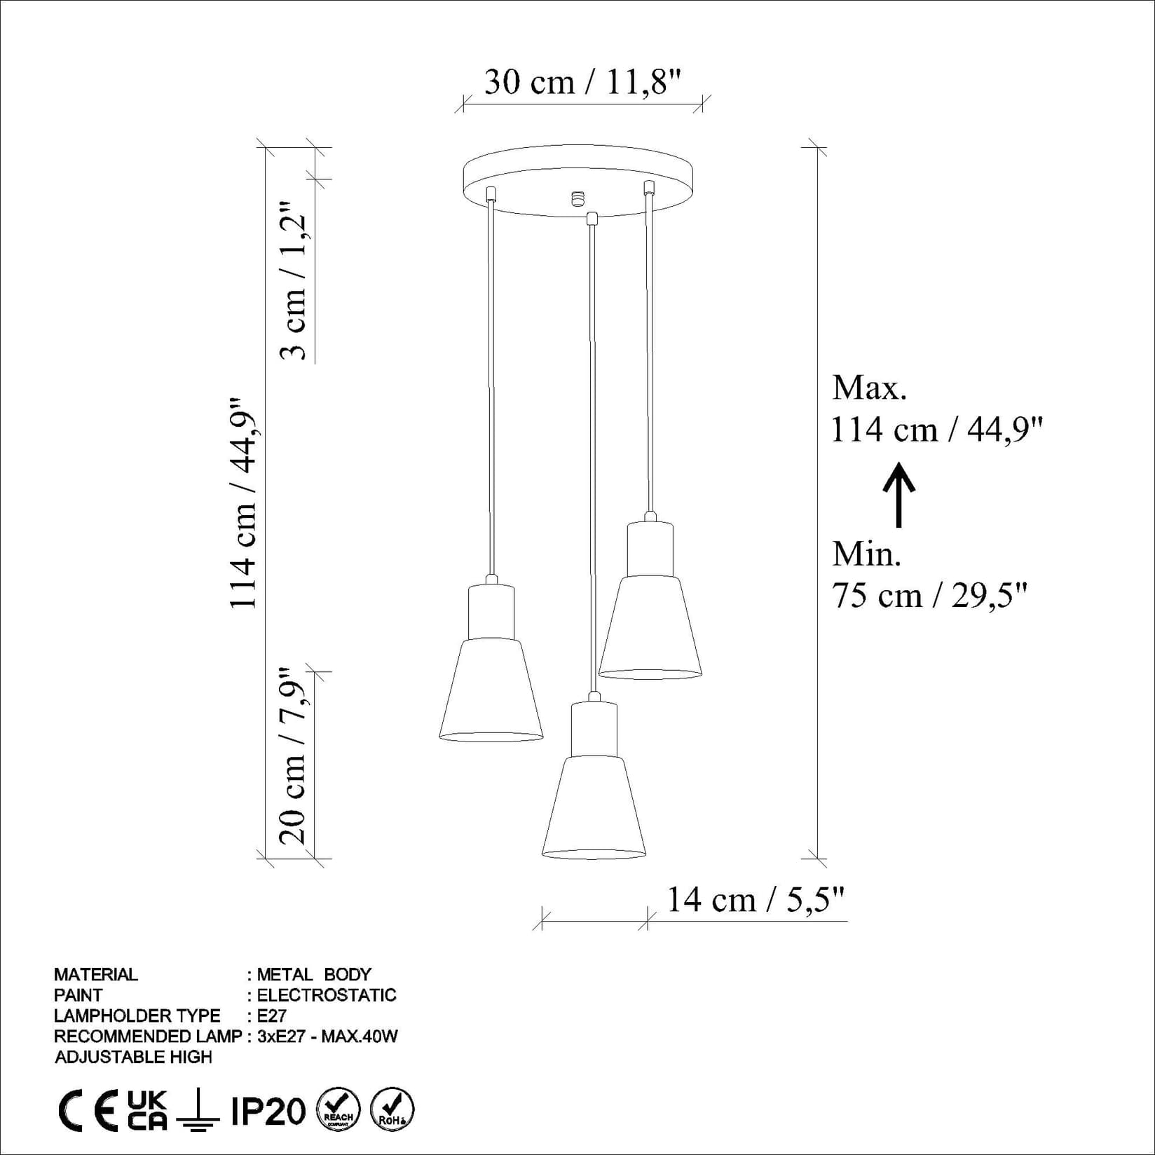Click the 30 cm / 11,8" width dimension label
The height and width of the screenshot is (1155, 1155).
(x=582, y=83)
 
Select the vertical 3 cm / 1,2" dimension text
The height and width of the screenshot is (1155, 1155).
(x=294, y=282)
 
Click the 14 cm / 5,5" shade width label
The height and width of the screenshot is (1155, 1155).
(x=755, y=899)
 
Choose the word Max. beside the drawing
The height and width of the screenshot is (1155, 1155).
(x=869, y=388)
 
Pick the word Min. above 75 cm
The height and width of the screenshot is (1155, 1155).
(x=866, y=554)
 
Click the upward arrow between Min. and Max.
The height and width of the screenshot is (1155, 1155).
(x=898, y=494)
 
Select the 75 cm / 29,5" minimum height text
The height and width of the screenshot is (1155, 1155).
(x=929, y=596)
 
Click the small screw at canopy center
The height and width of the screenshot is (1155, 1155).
(x=577, y=198)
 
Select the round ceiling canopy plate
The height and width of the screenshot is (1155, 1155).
(x=577, y=175)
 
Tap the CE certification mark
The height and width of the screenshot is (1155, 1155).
(x=87, y=1112)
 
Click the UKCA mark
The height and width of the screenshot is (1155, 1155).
(x=147, y=1111)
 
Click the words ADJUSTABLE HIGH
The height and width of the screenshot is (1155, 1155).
(x=133, y=1057)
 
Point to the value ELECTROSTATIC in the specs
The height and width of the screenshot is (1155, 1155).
(x=327, y=995)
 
